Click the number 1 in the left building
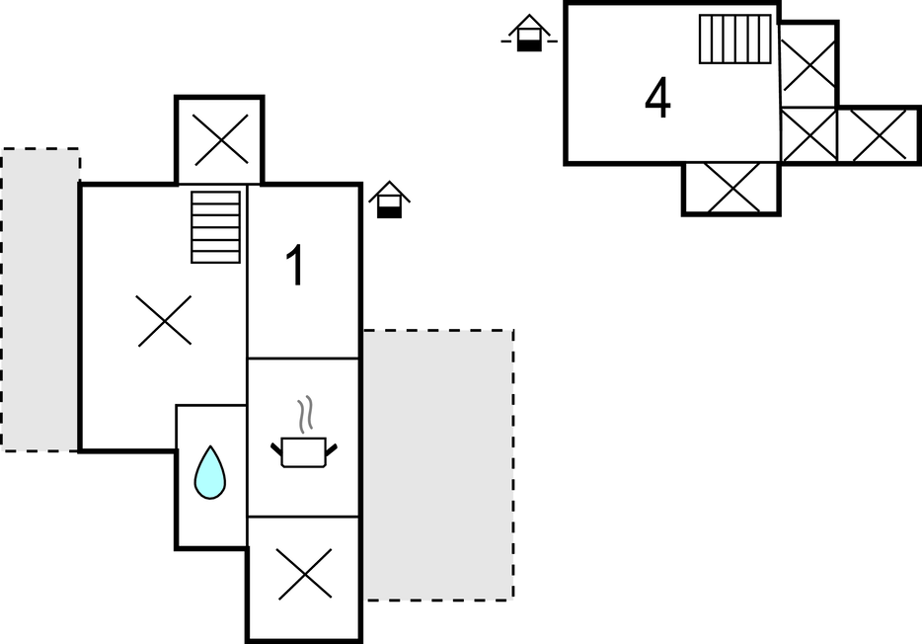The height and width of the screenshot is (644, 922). (295, 267)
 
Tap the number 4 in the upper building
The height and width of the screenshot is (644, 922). (657, 98)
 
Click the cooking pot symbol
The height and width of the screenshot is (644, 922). (303, 451)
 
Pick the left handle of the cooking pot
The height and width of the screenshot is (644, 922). (276, 449)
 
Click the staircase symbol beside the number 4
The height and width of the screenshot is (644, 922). (734, 40)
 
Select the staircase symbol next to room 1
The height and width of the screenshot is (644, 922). (216, 226)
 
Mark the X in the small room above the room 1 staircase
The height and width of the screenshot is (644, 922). (220, 139)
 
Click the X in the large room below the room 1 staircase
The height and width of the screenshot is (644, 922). (164, 321)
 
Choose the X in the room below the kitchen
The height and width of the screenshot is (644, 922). (304, 575)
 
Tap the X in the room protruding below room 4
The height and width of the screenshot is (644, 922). (732, 188)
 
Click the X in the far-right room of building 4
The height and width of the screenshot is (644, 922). (879, 135)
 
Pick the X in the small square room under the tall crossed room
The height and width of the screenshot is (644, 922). (808, 135)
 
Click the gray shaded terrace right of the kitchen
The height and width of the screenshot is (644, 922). (437, 464)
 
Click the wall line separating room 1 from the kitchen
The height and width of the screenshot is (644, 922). (303, 358)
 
